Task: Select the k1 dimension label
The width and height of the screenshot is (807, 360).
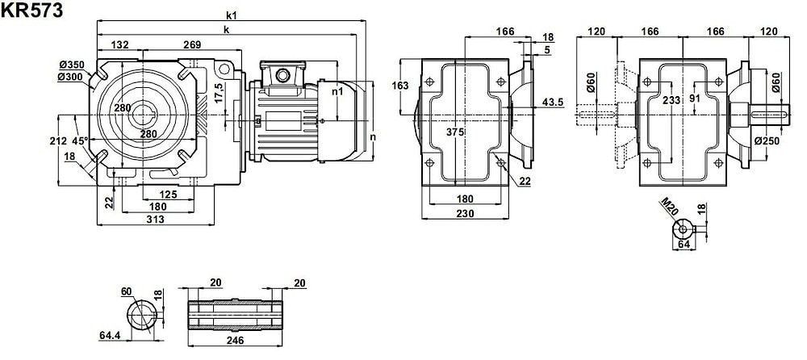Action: [232, 16]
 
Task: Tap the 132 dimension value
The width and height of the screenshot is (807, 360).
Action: [119, 44]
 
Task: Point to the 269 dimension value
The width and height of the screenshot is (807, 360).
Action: [192, 44]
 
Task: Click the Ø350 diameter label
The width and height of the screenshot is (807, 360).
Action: [72, 65]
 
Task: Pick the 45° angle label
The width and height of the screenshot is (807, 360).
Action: [80, 140]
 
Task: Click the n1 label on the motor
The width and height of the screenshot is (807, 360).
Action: [339, 92]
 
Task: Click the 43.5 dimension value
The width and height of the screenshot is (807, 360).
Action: [553, 102]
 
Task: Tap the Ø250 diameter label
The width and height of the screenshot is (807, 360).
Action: [767, 140]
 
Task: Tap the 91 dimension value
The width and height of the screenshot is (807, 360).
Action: [696, 98]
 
